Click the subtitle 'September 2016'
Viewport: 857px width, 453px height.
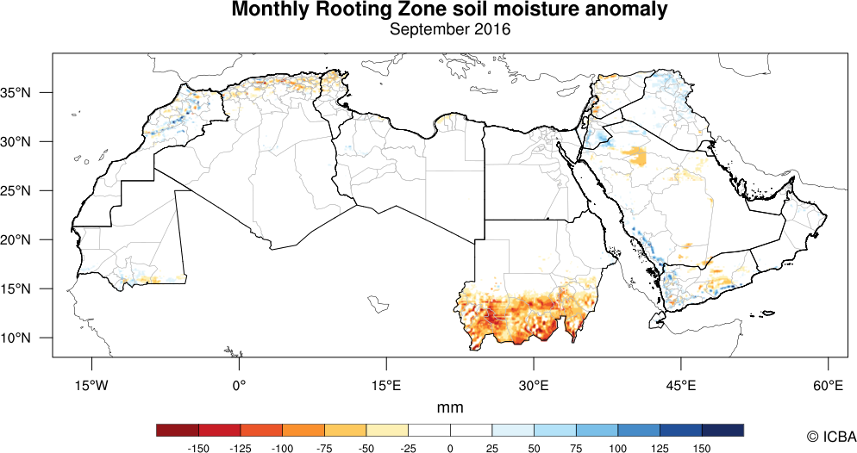coord(450,30)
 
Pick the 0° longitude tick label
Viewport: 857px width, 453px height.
coord(240,385)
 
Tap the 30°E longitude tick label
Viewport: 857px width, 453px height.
coord(534,385)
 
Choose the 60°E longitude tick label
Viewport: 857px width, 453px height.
coord(828,385)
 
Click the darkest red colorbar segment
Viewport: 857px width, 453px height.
coord(178,430)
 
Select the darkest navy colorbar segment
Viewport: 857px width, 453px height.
coord(723,430)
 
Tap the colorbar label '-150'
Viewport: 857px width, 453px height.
coord(199,448)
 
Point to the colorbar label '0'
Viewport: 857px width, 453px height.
coord(450,448)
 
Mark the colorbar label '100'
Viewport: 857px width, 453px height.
coord(617,448)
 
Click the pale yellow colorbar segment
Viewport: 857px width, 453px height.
coord(387,430)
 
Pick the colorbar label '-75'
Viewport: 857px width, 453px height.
coord(324,448)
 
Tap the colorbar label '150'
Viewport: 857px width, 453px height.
coord(701,448)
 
